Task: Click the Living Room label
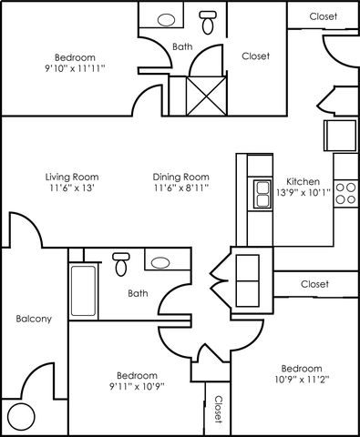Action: click(72, 177)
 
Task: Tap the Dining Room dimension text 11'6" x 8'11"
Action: click(181, 188)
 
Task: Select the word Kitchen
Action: click(303, 181)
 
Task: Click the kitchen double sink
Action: click(262, 194)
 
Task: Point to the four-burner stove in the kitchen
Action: click(345, 193)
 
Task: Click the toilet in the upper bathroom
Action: click(208, 22)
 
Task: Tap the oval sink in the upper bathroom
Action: click(167, 20)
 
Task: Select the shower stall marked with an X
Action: click(207, 96)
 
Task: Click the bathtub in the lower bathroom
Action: click(84, 290)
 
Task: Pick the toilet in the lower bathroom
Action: click(121, 264)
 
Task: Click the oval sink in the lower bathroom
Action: click(160, 263)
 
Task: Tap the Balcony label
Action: click(34, 319)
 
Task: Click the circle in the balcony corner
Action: click(21, 417)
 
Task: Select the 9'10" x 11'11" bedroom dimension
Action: click(75, 68)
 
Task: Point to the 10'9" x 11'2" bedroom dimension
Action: click(303, 380)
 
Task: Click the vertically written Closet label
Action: click(218, 409)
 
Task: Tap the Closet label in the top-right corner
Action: click(324, 16)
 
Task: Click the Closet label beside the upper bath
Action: click(255, 56)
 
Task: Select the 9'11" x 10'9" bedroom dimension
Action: click(137, 386)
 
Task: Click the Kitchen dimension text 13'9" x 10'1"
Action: click(303, 192)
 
